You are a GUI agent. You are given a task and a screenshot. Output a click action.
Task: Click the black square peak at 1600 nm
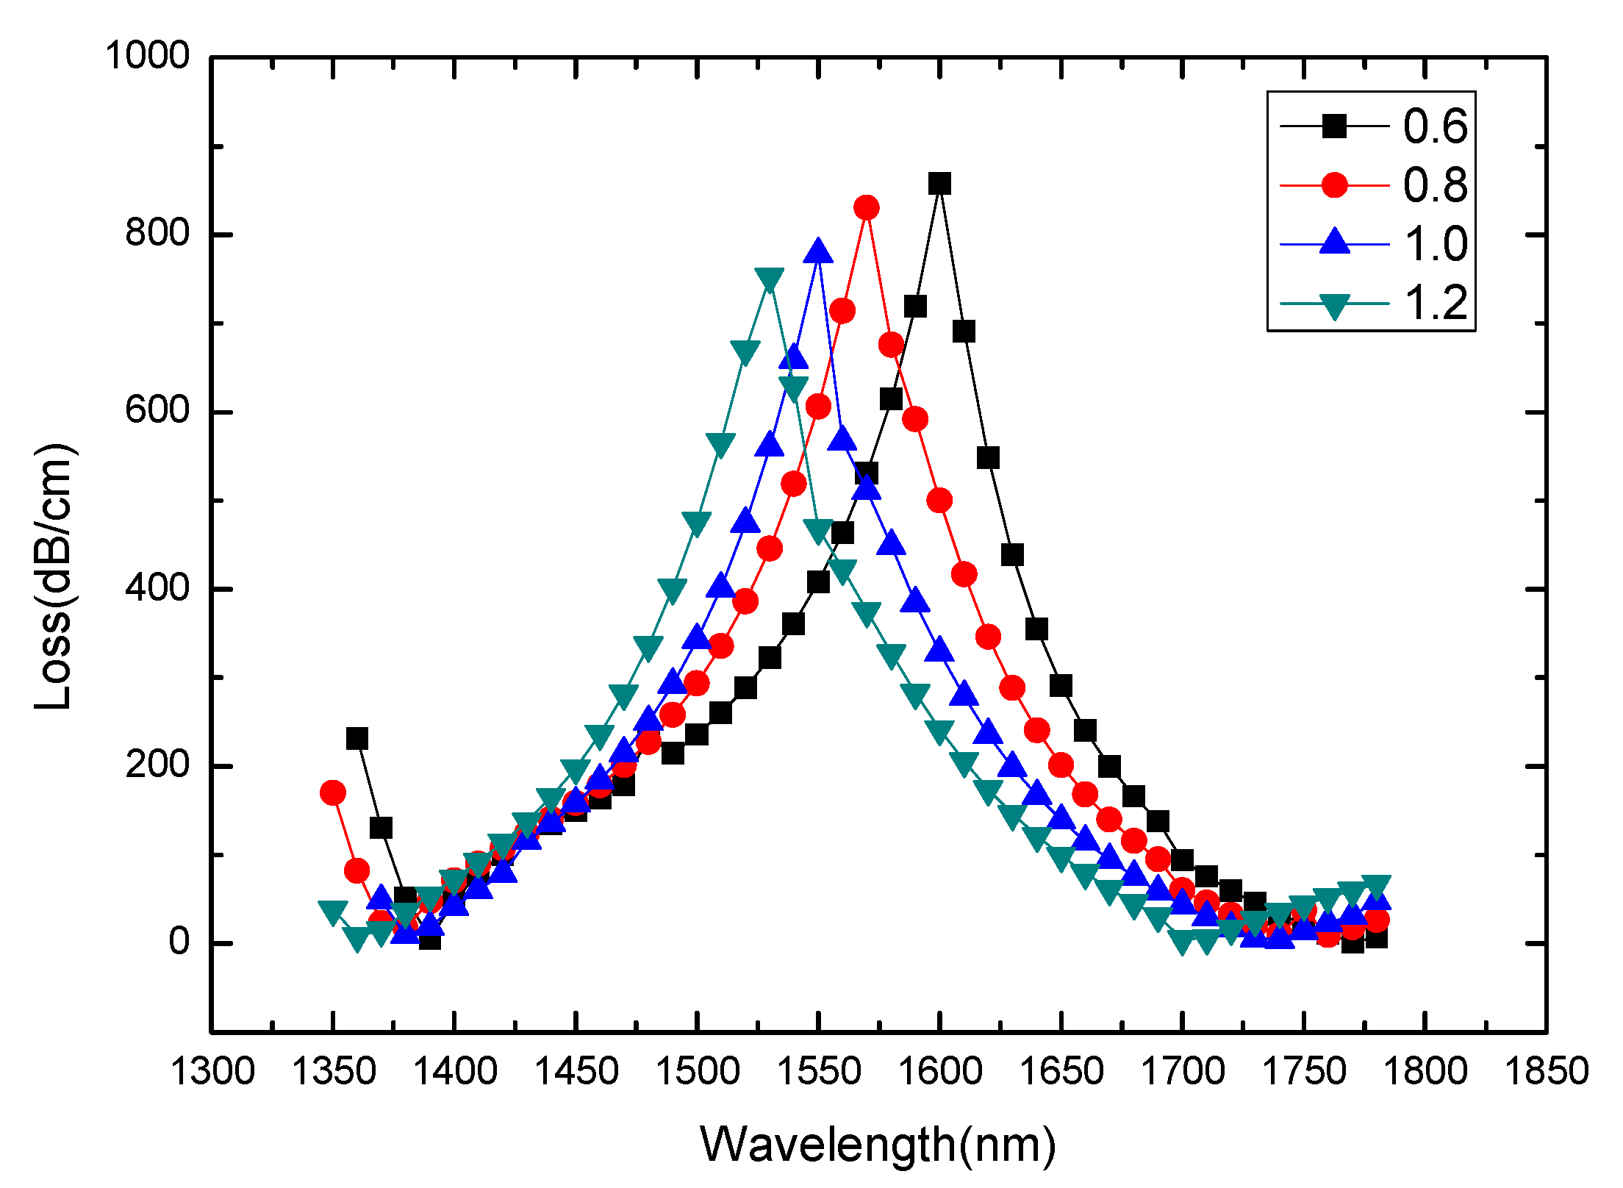tap(939, 184)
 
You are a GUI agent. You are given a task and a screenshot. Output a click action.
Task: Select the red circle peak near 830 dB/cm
tap(867, 208)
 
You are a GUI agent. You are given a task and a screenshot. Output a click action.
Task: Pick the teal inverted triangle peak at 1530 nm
tap(770, 279)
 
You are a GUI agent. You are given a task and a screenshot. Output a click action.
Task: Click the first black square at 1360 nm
tap(357, 738)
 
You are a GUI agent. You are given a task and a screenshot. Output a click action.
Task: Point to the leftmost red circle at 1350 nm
tap(333, 792)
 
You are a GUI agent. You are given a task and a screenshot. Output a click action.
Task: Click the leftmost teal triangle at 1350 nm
tap(333, 912)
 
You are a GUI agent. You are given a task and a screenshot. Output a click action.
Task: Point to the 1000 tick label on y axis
tap(148, 56)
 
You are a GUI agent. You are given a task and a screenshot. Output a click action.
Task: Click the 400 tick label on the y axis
tap(157, 588)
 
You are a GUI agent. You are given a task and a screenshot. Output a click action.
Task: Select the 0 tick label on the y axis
tap(179, 942)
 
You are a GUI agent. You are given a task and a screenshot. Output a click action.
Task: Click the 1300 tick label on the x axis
tap(212, 1071)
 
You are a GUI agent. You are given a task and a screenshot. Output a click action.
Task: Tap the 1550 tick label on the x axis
tap(818, 1071)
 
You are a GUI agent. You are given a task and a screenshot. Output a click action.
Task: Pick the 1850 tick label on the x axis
tap(1547, 1071)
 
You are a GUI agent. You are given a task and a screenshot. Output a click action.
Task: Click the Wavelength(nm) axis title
tap(878, 1144)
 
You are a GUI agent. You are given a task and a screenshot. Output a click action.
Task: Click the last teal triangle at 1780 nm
tap(1376, 885)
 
